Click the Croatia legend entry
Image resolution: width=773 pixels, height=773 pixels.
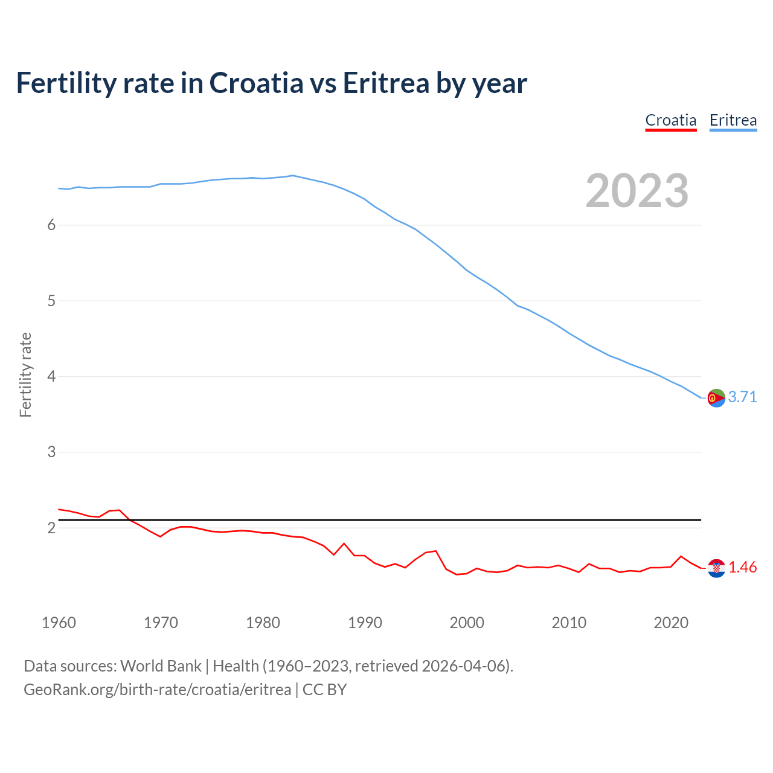pos(670,120)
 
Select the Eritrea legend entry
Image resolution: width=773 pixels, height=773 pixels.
pos(733,120)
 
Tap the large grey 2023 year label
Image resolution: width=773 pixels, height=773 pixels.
pos(637,191)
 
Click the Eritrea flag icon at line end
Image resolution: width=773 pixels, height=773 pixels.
pos(716,398)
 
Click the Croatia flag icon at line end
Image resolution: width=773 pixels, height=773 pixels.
pos(716,568)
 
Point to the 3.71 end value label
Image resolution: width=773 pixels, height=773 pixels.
pos(742,397)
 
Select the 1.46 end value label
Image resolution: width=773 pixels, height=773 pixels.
pos(742,567)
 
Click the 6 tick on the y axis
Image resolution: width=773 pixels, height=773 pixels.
pos(51,225)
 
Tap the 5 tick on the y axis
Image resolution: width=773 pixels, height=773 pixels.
pos(51,301)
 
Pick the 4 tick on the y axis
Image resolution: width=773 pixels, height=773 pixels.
pos(51,376)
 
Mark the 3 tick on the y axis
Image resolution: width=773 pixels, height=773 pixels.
pos(51,452)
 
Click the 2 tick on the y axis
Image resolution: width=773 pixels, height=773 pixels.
pos(51,528)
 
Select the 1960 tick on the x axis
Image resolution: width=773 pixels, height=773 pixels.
pos(59,623)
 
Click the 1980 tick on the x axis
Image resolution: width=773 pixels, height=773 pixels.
pos(263,623)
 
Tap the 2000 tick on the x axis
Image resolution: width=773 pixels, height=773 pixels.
pos(467,623)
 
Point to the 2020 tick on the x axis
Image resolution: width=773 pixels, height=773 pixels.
pos(671,623)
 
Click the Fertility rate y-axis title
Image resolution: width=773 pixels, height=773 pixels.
pos(25,374)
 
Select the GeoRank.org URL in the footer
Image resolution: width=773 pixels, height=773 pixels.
pos(157,690)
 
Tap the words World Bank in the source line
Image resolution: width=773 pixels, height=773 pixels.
pos(161,666)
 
